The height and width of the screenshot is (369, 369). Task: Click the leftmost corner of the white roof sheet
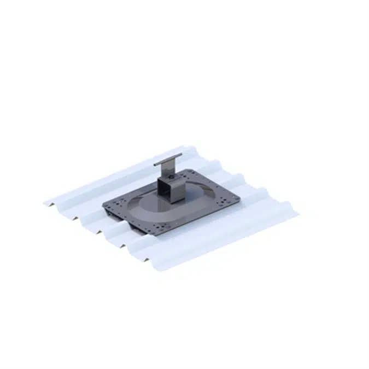click(x=44, y=203)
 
